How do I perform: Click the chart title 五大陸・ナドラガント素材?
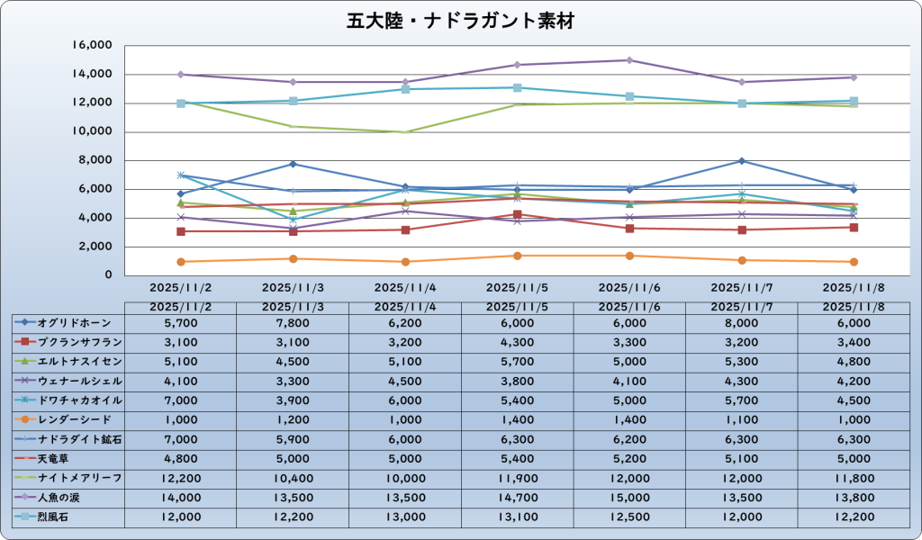(x=460, y=20)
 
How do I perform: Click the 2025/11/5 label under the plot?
(x=517, y=288)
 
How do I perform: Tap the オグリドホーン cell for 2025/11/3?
(x=293, y=322)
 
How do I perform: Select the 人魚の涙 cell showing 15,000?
(x=629, y=497)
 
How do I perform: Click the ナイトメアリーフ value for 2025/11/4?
(x=405, y=477)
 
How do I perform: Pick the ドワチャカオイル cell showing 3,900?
(x=293, y=400)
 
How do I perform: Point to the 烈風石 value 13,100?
(x=517, y=517)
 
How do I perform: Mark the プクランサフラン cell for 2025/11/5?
(x=517, y=342)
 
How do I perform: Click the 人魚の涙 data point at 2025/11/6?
(x=629, y=60)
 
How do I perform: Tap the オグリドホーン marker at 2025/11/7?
(x=741, y=161)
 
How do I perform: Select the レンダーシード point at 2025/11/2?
(x=181, y=262)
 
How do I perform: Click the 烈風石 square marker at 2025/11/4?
(x=405, y=89)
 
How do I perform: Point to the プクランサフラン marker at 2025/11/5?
(x=517, y=214)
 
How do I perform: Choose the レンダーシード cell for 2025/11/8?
(x=854, y=419)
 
